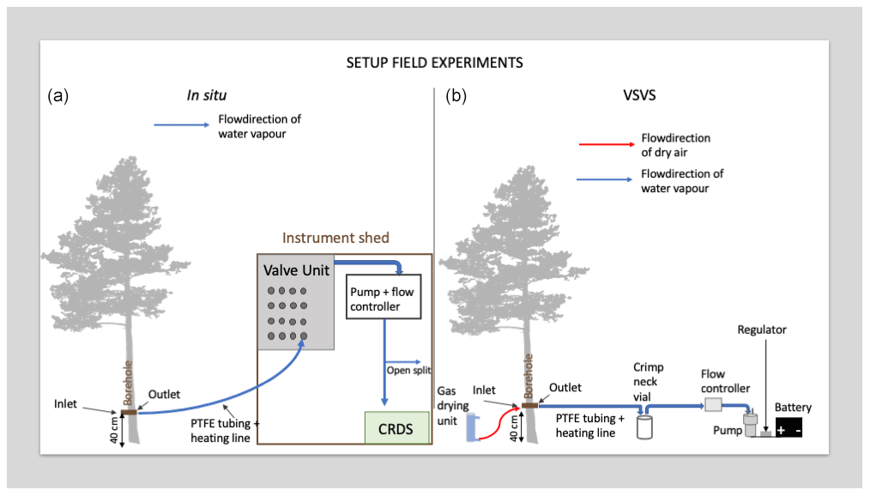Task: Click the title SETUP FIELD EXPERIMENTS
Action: pyautogui.click(x=434, y=63)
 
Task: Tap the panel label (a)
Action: pyautogui.click(x=58, y=96)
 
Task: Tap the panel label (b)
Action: pyautogui.click(x=456, y=96)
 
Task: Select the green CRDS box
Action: pyautogui.click(x=396, y=428)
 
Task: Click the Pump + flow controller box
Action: pyautogui.click(x=385, y=298)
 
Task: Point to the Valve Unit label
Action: pyautogui.click(x=296, y=270)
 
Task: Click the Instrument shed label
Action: pyautogui.click(x=335, y=238)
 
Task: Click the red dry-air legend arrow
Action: pyautogui.click(x=605, y=144)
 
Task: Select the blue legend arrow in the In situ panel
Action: pyautogui.click(x=181, y=125)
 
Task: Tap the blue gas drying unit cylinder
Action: pyautogui.click(x=471, y=427)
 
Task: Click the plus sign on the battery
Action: pyautogui.click(x=781, y=428)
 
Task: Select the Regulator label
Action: pyautogui.click(x=762, y=330)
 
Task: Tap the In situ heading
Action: pyautogui.click(x=207, y=95)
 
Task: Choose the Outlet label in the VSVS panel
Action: pyautogui.click(x=566, y=388)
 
